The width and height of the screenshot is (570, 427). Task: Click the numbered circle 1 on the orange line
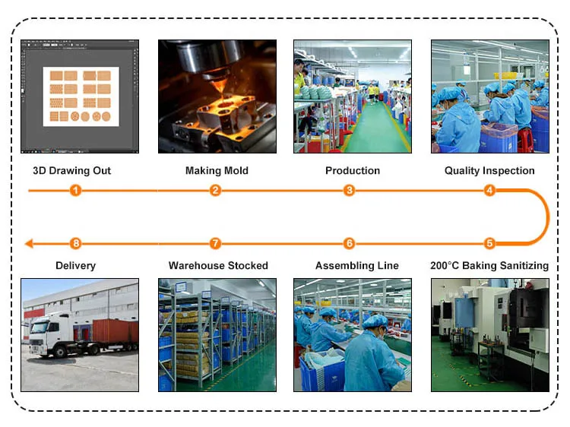point(75,190)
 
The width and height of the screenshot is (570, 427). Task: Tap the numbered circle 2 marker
point(215,190)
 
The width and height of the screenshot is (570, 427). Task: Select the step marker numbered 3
point(350,190)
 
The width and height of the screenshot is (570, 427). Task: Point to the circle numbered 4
point(489,190)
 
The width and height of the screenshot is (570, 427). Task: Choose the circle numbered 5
point(489,243)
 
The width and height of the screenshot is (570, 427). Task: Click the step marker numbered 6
point(350,243)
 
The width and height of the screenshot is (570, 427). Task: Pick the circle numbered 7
point(215,243)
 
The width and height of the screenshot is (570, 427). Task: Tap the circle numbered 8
point(75,243)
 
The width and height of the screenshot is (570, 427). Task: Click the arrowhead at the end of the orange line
point(29,243)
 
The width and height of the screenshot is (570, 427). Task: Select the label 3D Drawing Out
point(72,170)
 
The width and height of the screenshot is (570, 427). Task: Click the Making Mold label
point(217,170)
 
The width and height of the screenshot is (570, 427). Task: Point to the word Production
point(353,170)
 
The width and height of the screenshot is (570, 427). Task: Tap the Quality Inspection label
point(489,170)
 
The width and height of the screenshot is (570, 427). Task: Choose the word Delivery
point(75,265)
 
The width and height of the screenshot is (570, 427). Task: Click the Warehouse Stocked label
point(218,265)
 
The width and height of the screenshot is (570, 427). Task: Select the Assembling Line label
point(357,265)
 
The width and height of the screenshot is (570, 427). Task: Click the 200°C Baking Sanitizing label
point(489,265)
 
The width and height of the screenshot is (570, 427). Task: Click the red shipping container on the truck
point(115,331)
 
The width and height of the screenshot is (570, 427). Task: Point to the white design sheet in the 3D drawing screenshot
point(81,96)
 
